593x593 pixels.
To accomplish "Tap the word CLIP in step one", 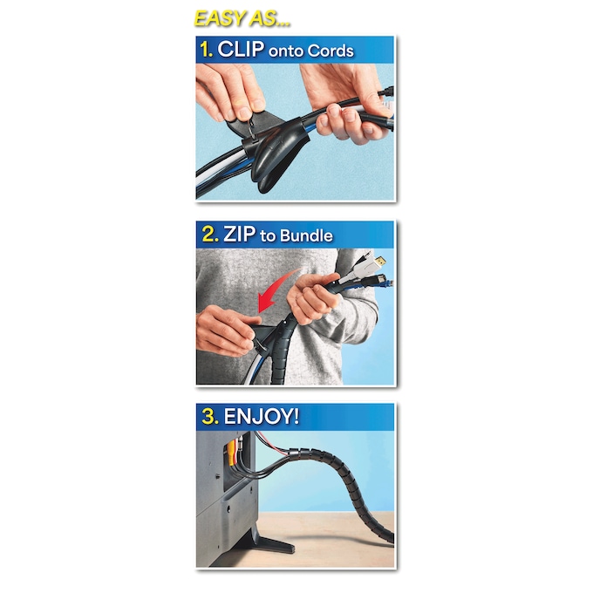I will click(x=239, y=50).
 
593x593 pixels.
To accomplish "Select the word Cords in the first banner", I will click(x=331, y=51).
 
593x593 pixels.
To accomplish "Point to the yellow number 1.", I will click(x=207, y=50).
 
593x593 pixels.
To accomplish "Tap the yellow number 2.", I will click(x=208, y=235).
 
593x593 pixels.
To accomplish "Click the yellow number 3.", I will click(x=208, y=417).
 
